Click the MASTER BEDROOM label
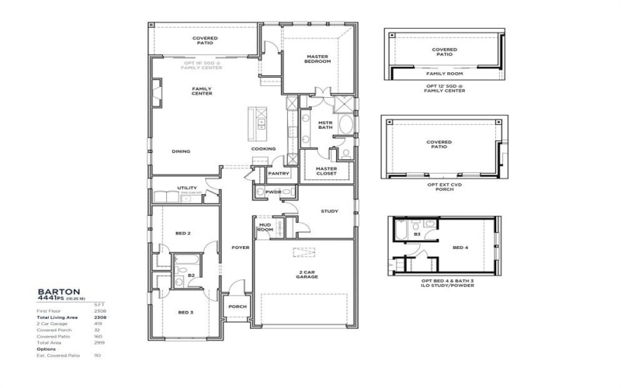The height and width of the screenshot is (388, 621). (x=318, y=59)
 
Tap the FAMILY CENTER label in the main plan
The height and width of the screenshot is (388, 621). (x=202, y=91)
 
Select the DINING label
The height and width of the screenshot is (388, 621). (x=181, y=151)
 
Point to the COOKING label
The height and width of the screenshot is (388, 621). (x=263, y=149)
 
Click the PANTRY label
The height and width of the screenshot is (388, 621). (x=278, y=173)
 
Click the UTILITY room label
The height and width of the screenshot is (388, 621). (x=186, y=187)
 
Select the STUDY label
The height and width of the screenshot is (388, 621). (x=330, y=210)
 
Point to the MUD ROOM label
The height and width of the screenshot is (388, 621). (x=265, y=227)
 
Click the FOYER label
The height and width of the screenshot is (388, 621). (x=240, y=248)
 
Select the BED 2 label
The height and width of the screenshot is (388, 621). (x=184, y=233)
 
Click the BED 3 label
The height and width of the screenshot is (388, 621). (x=185, y=312)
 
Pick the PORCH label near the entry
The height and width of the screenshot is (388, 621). (x=238, y=307)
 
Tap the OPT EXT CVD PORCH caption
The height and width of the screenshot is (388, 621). (x=445, y=187)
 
